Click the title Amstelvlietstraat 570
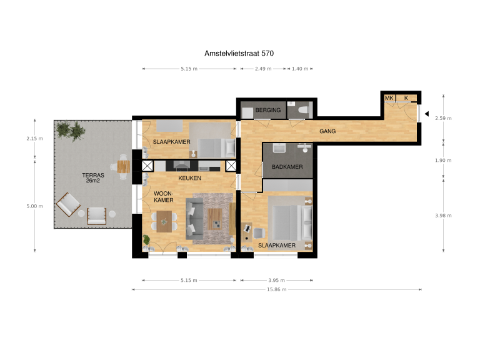tap(239, 54)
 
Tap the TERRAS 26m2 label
tap(93, 179)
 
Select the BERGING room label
tap(268, 111)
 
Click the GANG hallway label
tap(328, 132)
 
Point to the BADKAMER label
tap(287, 167)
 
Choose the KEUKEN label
tap(189, 179)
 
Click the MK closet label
tap(389, 98)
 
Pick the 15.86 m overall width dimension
tap(276, 289)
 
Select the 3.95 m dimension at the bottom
tap(276, 281)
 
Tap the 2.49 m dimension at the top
tap(262, 69)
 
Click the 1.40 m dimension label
tap(301, 69)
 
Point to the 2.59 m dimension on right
tap(444, 118)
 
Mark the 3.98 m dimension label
tap(444, 216)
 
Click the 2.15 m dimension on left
tap(35, 138)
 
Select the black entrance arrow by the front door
tap(426, 114)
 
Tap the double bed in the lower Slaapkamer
tap(281, 222)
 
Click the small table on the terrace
tap(123, 166)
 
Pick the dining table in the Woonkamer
tap(164, 220)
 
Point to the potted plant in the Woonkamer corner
tap(147, 239)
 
